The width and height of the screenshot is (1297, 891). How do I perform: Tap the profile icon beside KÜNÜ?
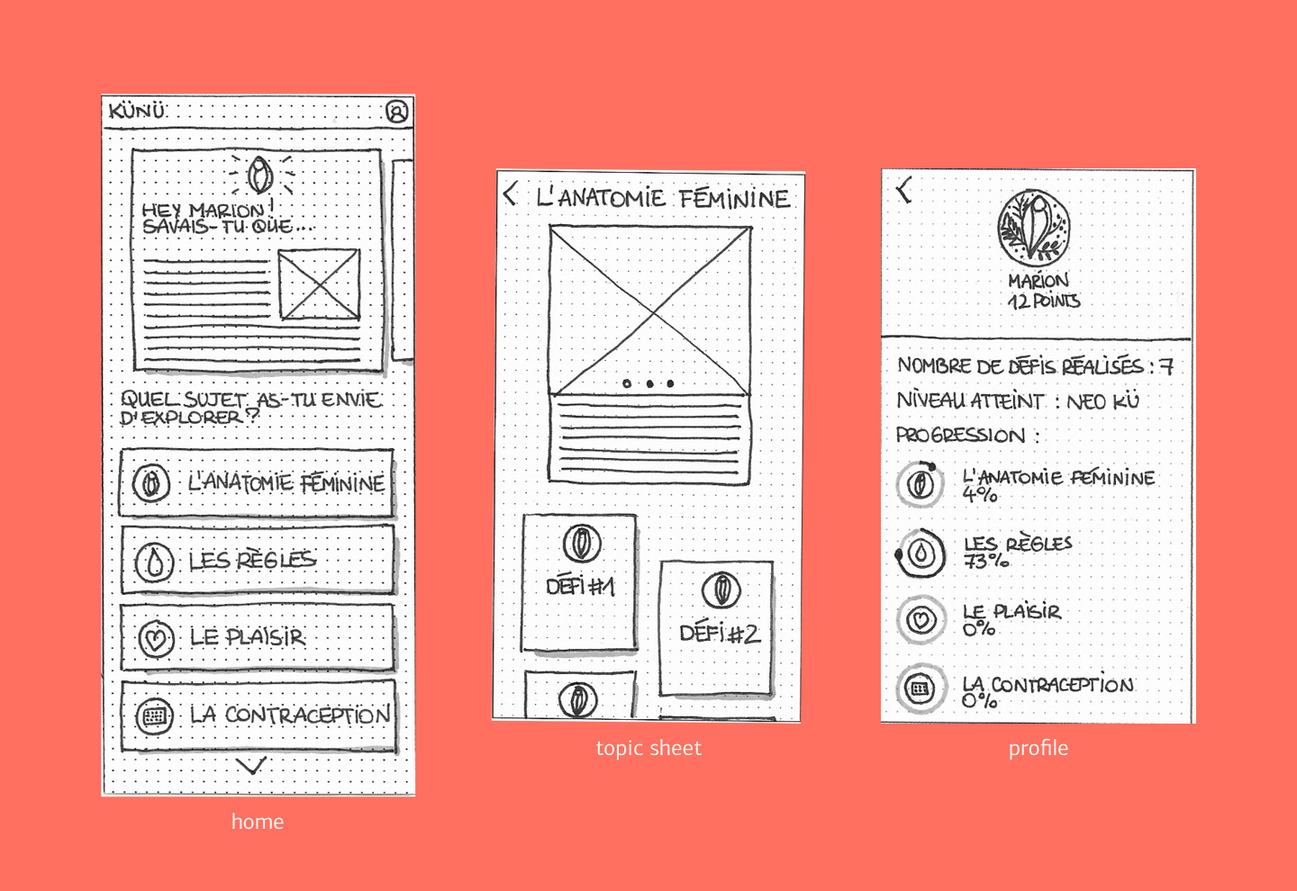point(397,111)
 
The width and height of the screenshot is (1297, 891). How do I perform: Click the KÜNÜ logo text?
point(137,110)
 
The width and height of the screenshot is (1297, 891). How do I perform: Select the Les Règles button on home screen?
point(258,560)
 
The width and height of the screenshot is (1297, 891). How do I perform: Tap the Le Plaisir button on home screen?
point(258,637)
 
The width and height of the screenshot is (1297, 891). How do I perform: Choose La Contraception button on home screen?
point(258,715)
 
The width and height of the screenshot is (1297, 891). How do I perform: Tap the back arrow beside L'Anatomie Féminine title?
point(510,193)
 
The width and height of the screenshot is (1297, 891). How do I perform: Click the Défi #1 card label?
point(580,587)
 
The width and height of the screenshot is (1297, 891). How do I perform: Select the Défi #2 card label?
point(719,634)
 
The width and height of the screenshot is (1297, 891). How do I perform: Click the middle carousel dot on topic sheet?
point(649,383)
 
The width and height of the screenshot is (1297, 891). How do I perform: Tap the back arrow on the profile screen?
point(904,190)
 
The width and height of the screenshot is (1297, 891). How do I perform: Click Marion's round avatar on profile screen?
point(1034,228)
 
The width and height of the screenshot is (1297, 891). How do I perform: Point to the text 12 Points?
point(1044,301)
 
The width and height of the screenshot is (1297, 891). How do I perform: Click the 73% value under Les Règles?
point(986,560)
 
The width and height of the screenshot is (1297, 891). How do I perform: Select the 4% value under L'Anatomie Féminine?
point(980,495)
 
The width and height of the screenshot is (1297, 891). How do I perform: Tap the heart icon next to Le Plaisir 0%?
point(921,620)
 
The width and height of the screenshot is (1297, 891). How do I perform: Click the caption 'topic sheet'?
point(648,748)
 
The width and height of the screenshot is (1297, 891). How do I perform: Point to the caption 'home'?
point(258,822)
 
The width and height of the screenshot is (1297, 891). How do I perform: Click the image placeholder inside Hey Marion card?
point(319,284)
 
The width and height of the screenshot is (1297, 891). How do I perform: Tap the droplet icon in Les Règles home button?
point(154,562)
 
